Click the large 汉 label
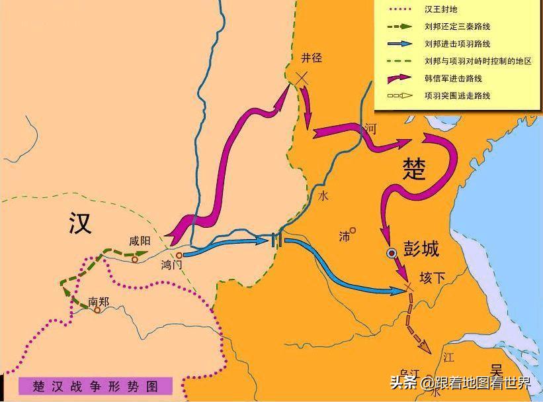(x=79, y=224)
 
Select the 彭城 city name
(x=421, y=252)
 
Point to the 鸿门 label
(x=171, y=265)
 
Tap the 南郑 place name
(x=99, y=300)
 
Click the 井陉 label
(x=311, y=58)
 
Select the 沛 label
(x=344, y=236)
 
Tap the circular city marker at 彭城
(x=392, y=253)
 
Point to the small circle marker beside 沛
(x=353, y=230)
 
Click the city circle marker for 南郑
(x=97, y=310)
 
